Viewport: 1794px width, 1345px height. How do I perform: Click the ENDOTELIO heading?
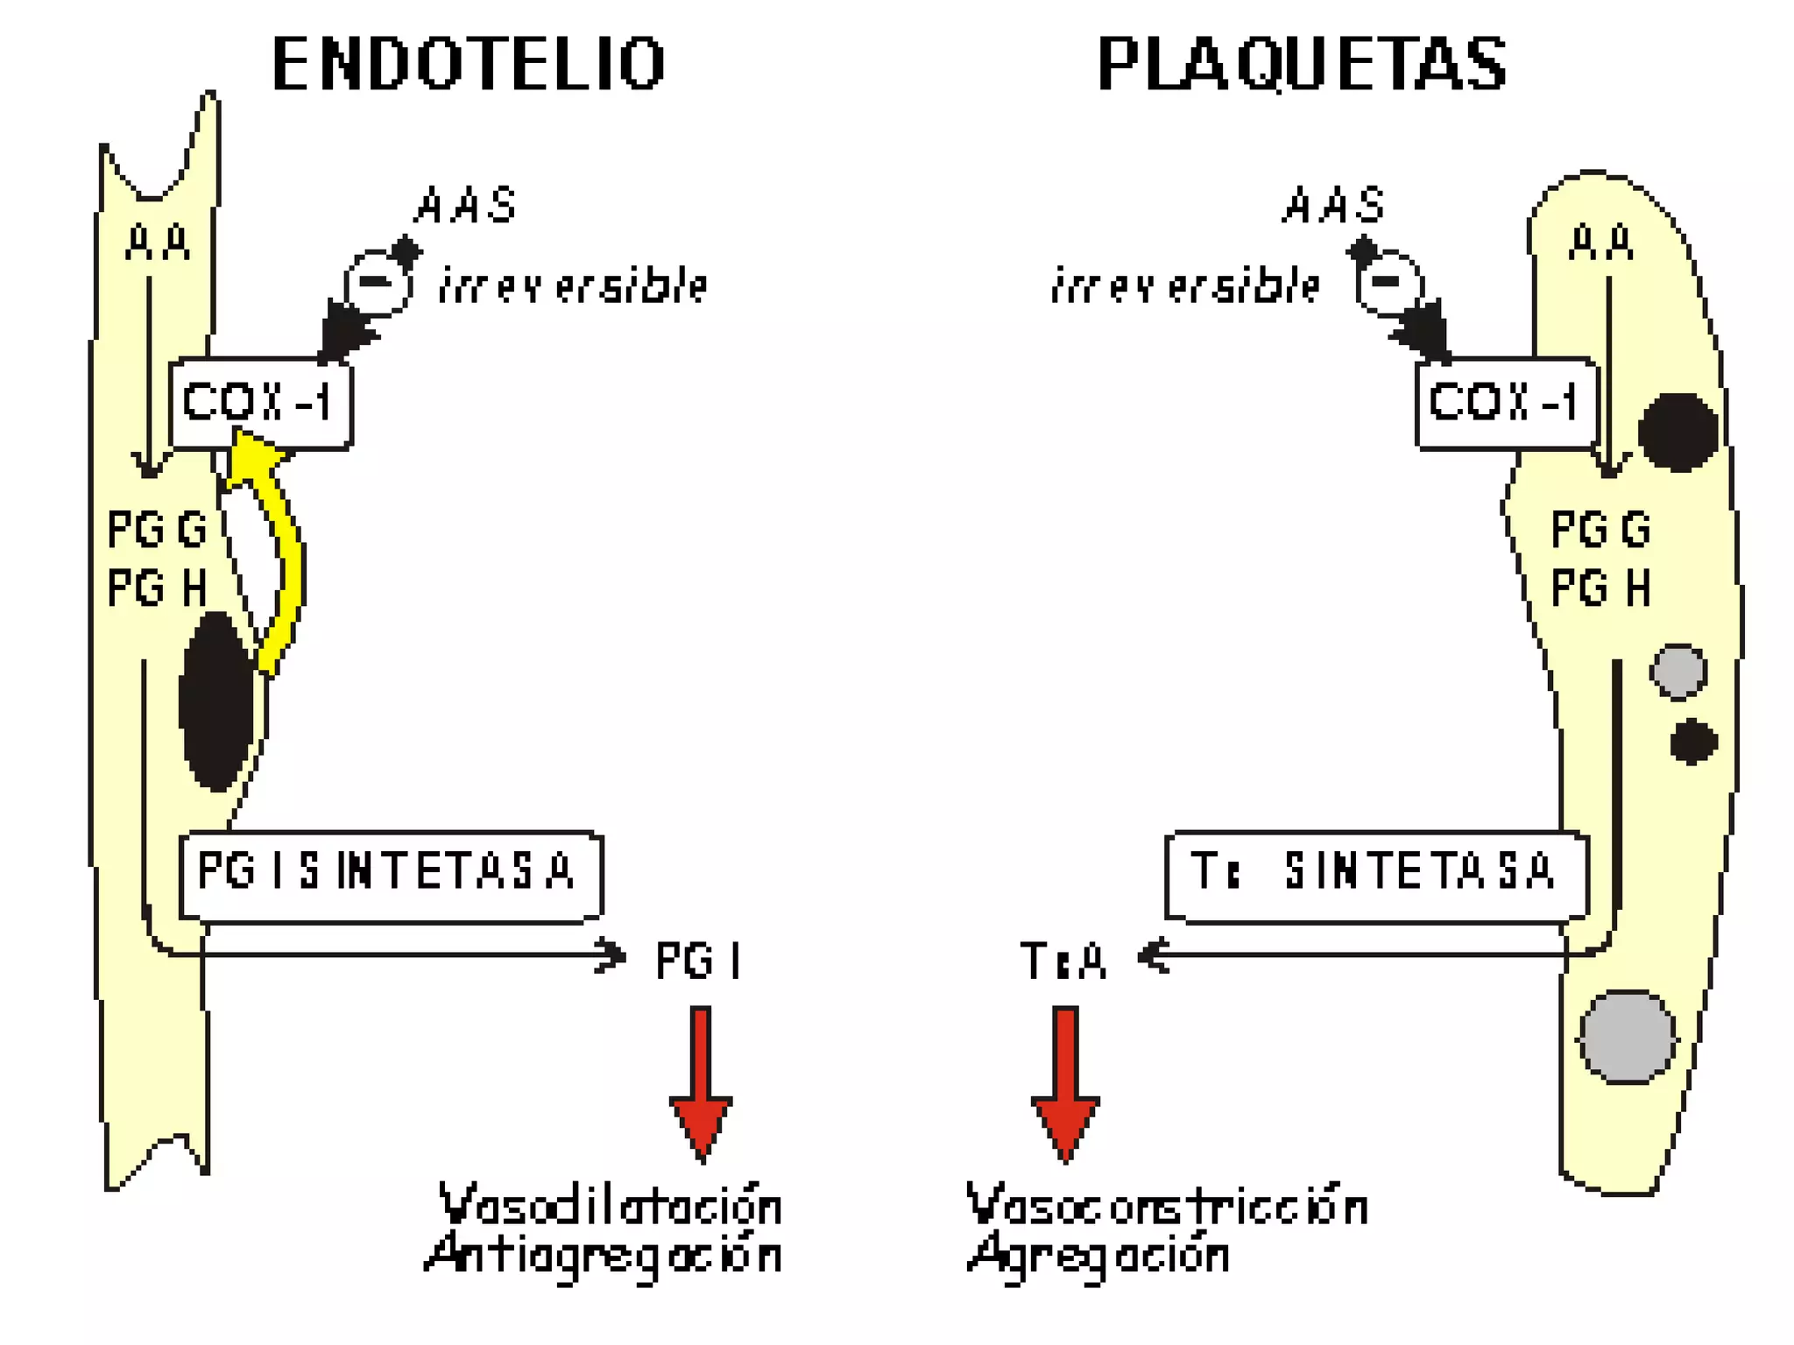469,64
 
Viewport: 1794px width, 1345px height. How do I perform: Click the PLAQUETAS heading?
1302,64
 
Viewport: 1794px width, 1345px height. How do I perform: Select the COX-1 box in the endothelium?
260,404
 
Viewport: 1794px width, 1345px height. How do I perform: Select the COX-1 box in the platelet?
1506,404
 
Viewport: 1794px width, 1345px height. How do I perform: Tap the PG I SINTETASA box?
391,875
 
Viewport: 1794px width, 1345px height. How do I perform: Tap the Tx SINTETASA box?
1376,875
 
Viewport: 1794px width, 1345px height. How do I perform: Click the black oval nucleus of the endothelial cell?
215,701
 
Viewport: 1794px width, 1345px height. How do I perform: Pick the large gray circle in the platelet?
1628,1037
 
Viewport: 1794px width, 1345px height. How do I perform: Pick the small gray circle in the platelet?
1678,672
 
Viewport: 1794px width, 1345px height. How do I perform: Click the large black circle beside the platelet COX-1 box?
1677,432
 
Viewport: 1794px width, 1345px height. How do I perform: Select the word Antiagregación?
604,1254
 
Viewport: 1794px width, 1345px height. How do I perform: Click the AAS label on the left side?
466,206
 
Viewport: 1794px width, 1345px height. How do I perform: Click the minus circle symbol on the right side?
1388,282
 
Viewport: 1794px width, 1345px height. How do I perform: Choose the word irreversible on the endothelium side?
573,285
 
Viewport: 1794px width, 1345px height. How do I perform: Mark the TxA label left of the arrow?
1063,960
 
